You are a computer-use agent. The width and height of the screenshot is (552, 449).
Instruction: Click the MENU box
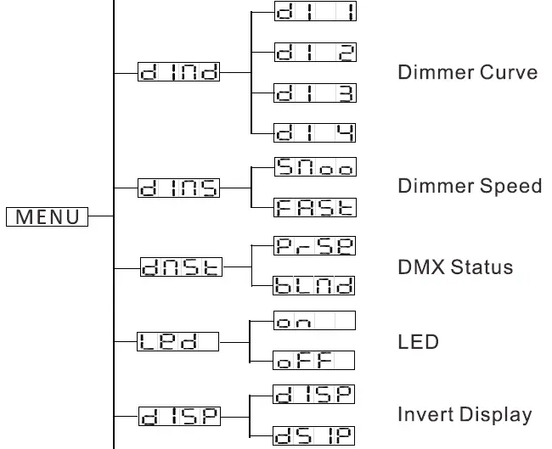[x=47, y=216]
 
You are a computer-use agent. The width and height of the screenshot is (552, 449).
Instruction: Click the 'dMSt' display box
[x=178, y=266]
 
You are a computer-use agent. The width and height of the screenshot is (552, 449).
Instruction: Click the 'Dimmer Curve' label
[x=467, y=72]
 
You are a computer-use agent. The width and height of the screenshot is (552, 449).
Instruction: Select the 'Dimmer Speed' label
[x=470, y=187]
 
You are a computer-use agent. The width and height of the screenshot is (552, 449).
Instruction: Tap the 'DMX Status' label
[x=455, y=267]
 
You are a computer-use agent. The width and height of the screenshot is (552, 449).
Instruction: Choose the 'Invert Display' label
[x=465, y=416]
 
